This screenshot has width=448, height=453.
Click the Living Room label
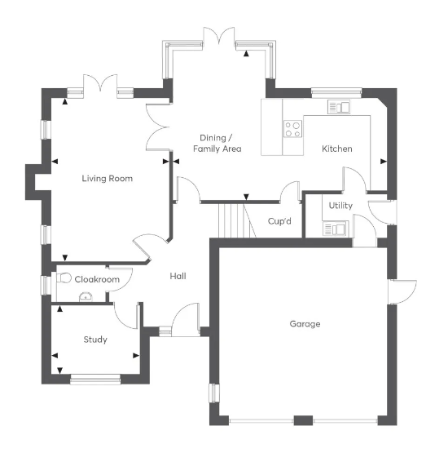(x=107, y=178)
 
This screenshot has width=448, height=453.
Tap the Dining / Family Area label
(x=217, y=144)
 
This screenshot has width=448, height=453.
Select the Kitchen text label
(x=337, y=149)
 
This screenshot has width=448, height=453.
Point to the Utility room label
(x=340, y=205)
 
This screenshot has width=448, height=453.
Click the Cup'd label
(x=280, y=221)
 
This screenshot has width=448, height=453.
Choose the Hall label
(x=178, y=277)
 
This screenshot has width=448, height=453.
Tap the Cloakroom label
(x=97, y=279)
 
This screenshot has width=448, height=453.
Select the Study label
(x=95, y=340)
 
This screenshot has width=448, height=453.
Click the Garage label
(x=305, y=324)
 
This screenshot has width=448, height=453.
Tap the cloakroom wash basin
(x=84, y=297)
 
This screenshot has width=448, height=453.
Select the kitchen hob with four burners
(x=292, y=128)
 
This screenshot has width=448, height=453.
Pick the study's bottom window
(x=95, y=378)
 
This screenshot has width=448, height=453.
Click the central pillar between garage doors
(x=302, y=420)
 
